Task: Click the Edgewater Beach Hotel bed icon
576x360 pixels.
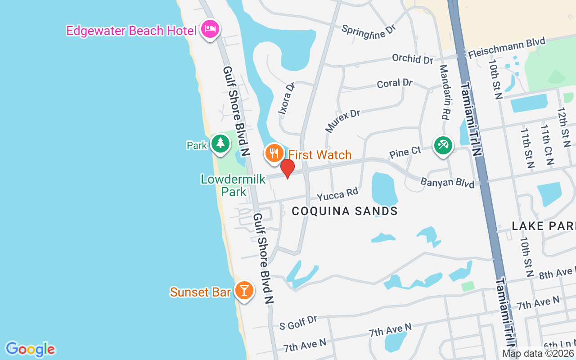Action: tap(210, 29)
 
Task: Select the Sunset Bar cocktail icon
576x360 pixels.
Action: tap(244, 290)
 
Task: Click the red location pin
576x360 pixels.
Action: tap(287, 169)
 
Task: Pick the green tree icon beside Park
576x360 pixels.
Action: tap(220, 144)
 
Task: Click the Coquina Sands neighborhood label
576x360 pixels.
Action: tap(345, 211)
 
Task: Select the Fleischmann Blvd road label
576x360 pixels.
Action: tap(507, 48)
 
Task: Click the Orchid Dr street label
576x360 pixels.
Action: tap(412, 58)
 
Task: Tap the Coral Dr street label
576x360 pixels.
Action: tap(395, 83)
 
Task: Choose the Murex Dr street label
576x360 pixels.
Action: tap(342, 121)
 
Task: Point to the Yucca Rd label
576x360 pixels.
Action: tap(337, 194)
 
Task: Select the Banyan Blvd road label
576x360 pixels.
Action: tap(447, 183)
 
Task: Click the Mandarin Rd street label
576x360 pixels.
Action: tap(444, 91)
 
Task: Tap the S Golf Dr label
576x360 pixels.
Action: tap(298, 323)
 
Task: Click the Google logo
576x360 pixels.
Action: tap(30, 349)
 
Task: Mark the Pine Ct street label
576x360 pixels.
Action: tap(405, 153)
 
